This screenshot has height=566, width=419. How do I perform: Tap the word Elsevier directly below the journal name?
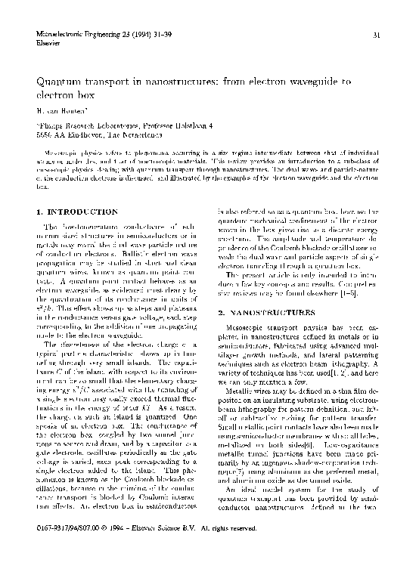tap(47, 43)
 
